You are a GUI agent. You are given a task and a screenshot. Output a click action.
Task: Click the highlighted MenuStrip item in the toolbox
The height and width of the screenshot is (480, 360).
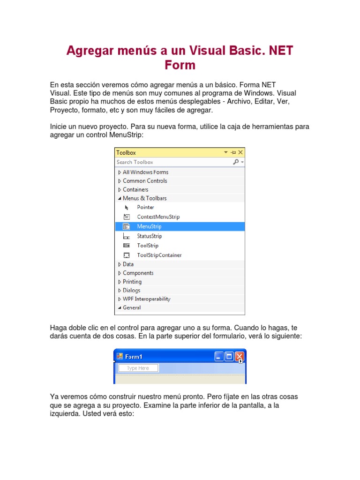[149, 226]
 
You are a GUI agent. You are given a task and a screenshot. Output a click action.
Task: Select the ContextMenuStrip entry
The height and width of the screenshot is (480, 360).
[158, 217]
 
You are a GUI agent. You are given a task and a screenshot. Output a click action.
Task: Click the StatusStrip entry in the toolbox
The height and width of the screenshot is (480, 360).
[149, 236]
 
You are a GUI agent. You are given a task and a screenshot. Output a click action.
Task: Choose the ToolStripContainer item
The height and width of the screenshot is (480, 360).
[159, 255]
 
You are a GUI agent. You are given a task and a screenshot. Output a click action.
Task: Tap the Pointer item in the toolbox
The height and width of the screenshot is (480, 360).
[145, 207]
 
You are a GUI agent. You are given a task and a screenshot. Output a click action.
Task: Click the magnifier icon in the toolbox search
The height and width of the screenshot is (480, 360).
[236, 162]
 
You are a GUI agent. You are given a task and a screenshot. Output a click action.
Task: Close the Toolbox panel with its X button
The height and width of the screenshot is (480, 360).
[241, 152]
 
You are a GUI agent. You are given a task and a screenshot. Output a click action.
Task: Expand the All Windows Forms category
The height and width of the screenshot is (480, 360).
[145, 172]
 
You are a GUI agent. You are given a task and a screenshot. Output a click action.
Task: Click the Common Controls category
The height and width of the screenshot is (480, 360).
[144, 181]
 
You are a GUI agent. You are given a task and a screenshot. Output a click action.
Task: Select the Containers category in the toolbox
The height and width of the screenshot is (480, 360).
[135, 190]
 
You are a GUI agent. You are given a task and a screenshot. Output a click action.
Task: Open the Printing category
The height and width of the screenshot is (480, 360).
[132, 282]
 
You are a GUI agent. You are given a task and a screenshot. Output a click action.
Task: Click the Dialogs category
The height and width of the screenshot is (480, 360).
[131, 291]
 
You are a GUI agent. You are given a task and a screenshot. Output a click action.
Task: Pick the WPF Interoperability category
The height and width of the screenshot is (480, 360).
[146, 299]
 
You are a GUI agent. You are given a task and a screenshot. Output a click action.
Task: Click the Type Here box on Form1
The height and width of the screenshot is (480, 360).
[138, 368]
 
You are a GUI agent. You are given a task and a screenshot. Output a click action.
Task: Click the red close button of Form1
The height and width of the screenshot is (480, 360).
[240, 357]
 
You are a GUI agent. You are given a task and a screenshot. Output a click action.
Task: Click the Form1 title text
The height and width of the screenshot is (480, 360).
[134, 357]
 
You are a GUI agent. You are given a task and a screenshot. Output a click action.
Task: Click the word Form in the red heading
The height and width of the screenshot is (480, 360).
[180, 65]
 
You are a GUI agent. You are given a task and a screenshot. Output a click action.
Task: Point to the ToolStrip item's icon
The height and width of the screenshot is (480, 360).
[127, 246]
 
